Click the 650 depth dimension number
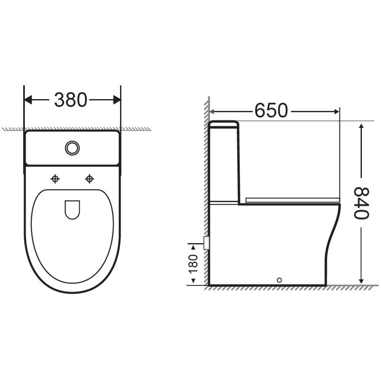coord(271,111)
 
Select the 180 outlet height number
coord(193,264)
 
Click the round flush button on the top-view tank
coord(72,148)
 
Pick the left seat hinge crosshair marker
coord(56,179)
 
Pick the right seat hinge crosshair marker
coord(89,179)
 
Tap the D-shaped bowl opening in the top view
coord(72,210)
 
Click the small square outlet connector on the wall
coord(206,242)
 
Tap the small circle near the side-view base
coord(280,280)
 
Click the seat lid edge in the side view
coord(293,199)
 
